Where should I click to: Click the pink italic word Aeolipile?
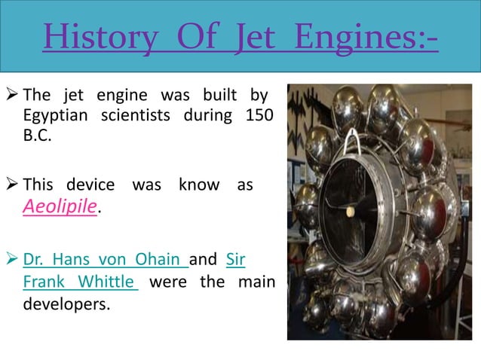60,207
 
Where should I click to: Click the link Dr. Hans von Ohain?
105,261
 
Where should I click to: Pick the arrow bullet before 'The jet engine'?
13,96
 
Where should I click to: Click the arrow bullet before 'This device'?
13,185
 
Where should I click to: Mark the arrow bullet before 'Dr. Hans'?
13,261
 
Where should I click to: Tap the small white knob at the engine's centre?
351,213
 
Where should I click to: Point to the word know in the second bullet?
199,185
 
